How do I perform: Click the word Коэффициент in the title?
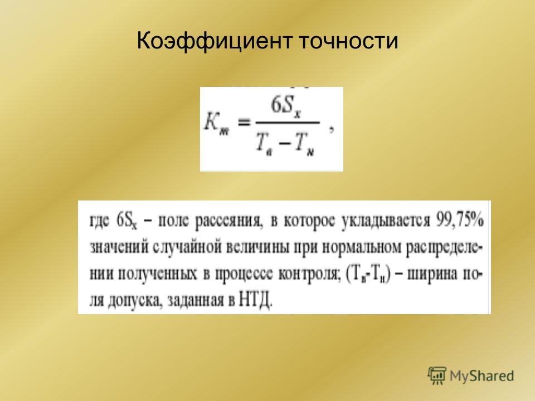pos(215,41)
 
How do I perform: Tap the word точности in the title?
pos(349,41)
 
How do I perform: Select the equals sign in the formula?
pos(244,123)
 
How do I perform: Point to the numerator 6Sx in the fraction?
pos(286,107)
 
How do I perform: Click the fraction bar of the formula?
pos(288,123)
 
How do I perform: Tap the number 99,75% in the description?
pos(460,221)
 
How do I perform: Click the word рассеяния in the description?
pos(228,222)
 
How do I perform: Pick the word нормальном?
pos(361,248)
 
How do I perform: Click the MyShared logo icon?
pos(437,376)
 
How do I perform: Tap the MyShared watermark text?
pos(481,376)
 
